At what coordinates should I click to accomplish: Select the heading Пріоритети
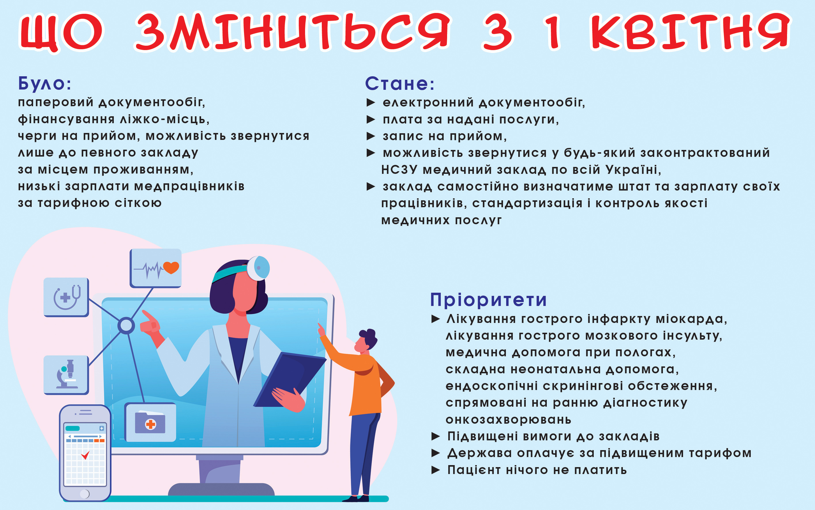pyautogui.click(x=488, y=300)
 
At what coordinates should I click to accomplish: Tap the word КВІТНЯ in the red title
pyautogui.click(x=690, y=32)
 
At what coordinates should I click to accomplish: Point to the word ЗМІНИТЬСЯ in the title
pyautogui.click(x=292, y=32)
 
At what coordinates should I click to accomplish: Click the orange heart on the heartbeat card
pyautogui.click(x=171, y=267)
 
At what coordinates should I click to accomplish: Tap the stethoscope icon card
pyautogui.click(x=66, y=297)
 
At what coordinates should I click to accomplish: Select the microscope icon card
pyautogui.click(x=66, y=375)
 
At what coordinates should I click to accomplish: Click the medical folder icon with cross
pyautogui.click(x=150, y=423)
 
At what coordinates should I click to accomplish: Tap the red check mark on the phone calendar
pyautogui.click(x=85, y=455)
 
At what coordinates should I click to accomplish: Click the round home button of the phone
pyautogui.click(x=85, y=494)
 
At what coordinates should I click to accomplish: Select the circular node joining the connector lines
pyautogui.click(x=126, y=326)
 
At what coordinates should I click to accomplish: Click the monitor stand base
pyautogui.click(x=221, y=490)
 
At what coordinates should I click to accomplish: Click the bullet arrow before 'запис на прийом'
pyautogui.click(x=371, y=136)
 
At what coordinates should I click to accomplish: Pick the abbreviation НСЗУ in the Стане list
pyautogui.click(x=399, y=170)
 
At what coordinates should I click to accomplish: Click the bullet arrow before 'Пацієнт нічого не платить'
pyautogui.click(x=436, y=470)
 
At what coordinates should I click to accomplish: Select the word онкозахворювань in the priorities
pyautogui.click(x=508, y=420)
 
